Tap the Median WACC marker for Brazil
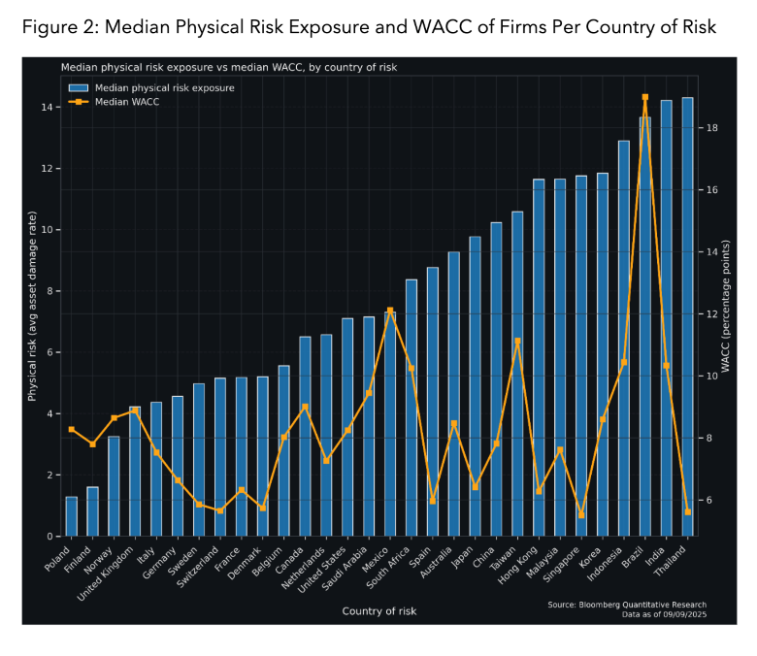click(645, 97)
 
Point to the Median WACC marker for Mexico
click(390, 311)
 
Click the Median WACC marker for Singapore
click(581, 515)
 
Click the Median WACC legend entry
click(126, 101)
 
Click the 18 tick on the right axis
click(713, 128)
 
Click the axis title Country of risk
click(379, 610)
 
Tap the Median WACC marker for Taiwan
click(518, 341)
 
